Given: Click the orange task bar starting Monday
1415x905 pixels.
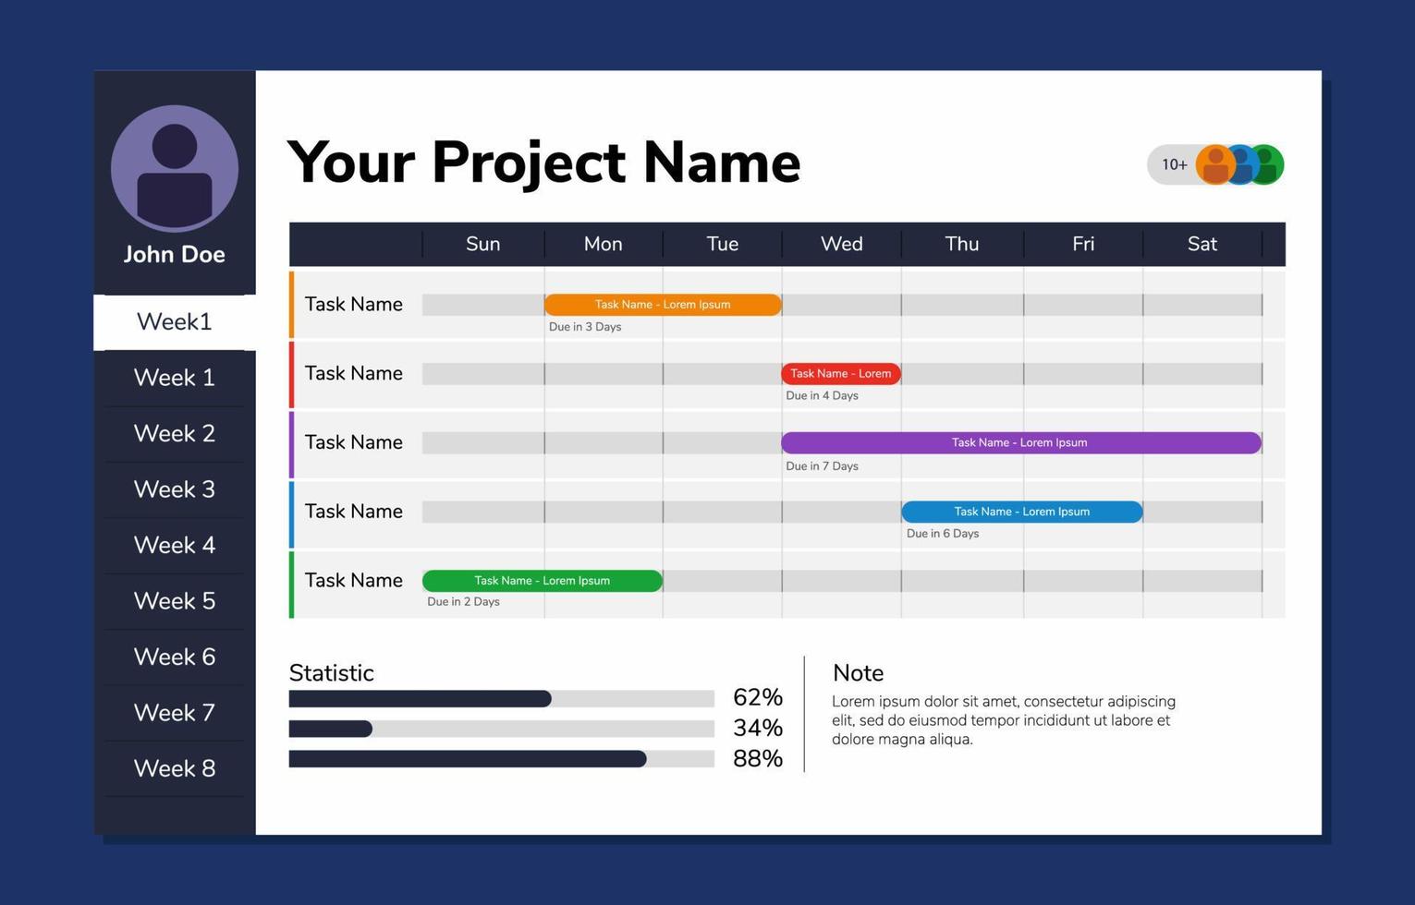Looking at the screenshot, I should tap(663, 305).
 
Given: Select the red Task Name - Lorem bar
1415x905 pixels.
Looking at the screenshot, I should tap(840, 374).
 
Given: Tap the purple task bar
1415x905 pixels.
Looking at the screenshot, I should tap(1020, 443).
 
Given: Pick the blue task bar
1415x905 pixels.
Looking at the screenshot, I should tap(1021, 512).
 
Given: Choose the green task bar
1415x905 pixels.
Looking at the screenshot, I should tap(542, 581).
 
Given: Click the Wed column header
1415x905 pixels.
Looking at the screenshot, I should tap(841, 244).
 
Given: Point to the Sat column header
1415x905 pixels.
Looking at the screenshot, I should tap(1202, 244).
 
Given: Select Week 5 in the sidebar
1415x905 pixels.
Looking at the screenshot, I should tap(175, 601).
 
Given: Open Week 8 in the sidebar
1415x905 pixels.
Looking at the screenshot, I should tap(175, 768).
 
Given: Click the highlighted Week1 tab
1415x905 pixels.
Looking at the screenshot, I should tap(175, 321).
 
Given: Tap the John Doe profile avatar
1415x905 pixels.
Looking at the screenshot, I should tap(175, 168).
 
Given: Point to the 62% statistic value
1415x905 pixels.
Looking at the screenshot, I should tap(757, 697).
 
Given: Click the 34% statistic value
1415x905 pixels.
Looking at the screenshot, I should tap(757, 728).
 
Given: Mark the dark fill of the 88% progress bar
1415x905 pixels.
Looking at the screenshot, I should tap(467, 759).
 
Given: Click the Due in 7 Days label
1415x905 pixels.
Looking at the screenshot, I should tap(822, 466).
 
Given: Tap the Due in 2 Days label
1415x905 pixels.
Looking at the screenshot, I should tap(463, 602).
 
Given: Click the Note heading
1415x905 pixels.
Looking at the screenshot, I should tap(858, 673).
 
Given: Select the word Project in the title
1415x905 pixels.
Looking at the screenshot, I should tap(529, 163).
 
